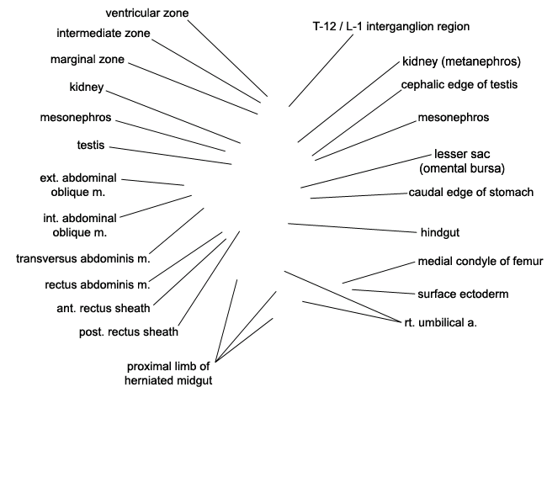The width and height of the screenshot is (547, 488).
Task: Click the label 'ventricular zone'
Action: point(147,13)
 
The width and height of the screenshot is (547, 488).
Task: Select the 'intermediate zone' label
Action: point(104,34)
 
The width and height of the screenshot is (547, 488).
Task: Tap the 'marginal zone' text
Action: point(88,60)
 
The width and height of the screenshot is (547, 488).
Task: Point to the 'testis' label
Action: point(91,145)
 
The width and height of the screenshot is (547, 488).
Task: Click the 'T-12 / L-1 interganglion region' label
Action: point(391,27)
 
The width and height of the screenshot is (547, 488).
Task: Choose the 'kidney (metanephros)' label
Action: point(461,61)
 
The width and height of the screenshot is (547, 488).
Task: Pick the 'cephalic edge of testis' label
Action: point(459,85)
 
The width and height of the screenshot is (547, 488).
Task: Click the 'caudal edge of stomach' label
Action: point(471,193)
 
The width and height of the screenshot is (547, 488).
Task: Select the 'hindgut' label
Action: point(440,233)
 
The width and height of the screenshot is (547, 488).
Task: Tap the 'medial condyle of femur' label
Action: point(481,262)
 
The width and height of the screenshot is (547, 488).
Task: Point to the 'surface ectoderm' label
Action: point(463,294)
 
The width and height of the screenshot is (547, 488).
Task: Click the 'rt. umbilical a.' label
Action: point(441,323)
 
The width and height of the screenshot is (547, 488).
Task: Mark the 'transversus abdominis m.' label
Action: point(83,259)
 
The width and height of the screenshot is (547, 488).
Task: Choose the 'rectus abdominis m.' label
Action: point(98,285)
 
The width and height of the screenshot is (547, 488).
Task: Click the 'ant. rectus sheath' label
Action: point(104,308)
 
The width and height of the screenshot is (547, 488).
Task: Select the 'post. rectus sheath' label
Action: point(129,332)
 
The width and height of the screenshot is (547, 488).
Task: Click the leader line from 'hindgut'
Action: point(353,228)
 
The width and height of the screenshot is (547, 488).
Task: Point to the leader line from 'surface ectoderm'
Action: point(384,292)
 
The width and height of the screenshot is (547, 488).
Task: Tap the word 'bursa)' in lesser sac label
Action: point(489,169)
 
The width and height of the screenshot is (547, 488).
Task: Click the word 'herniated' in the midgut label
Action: point(151,380)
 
